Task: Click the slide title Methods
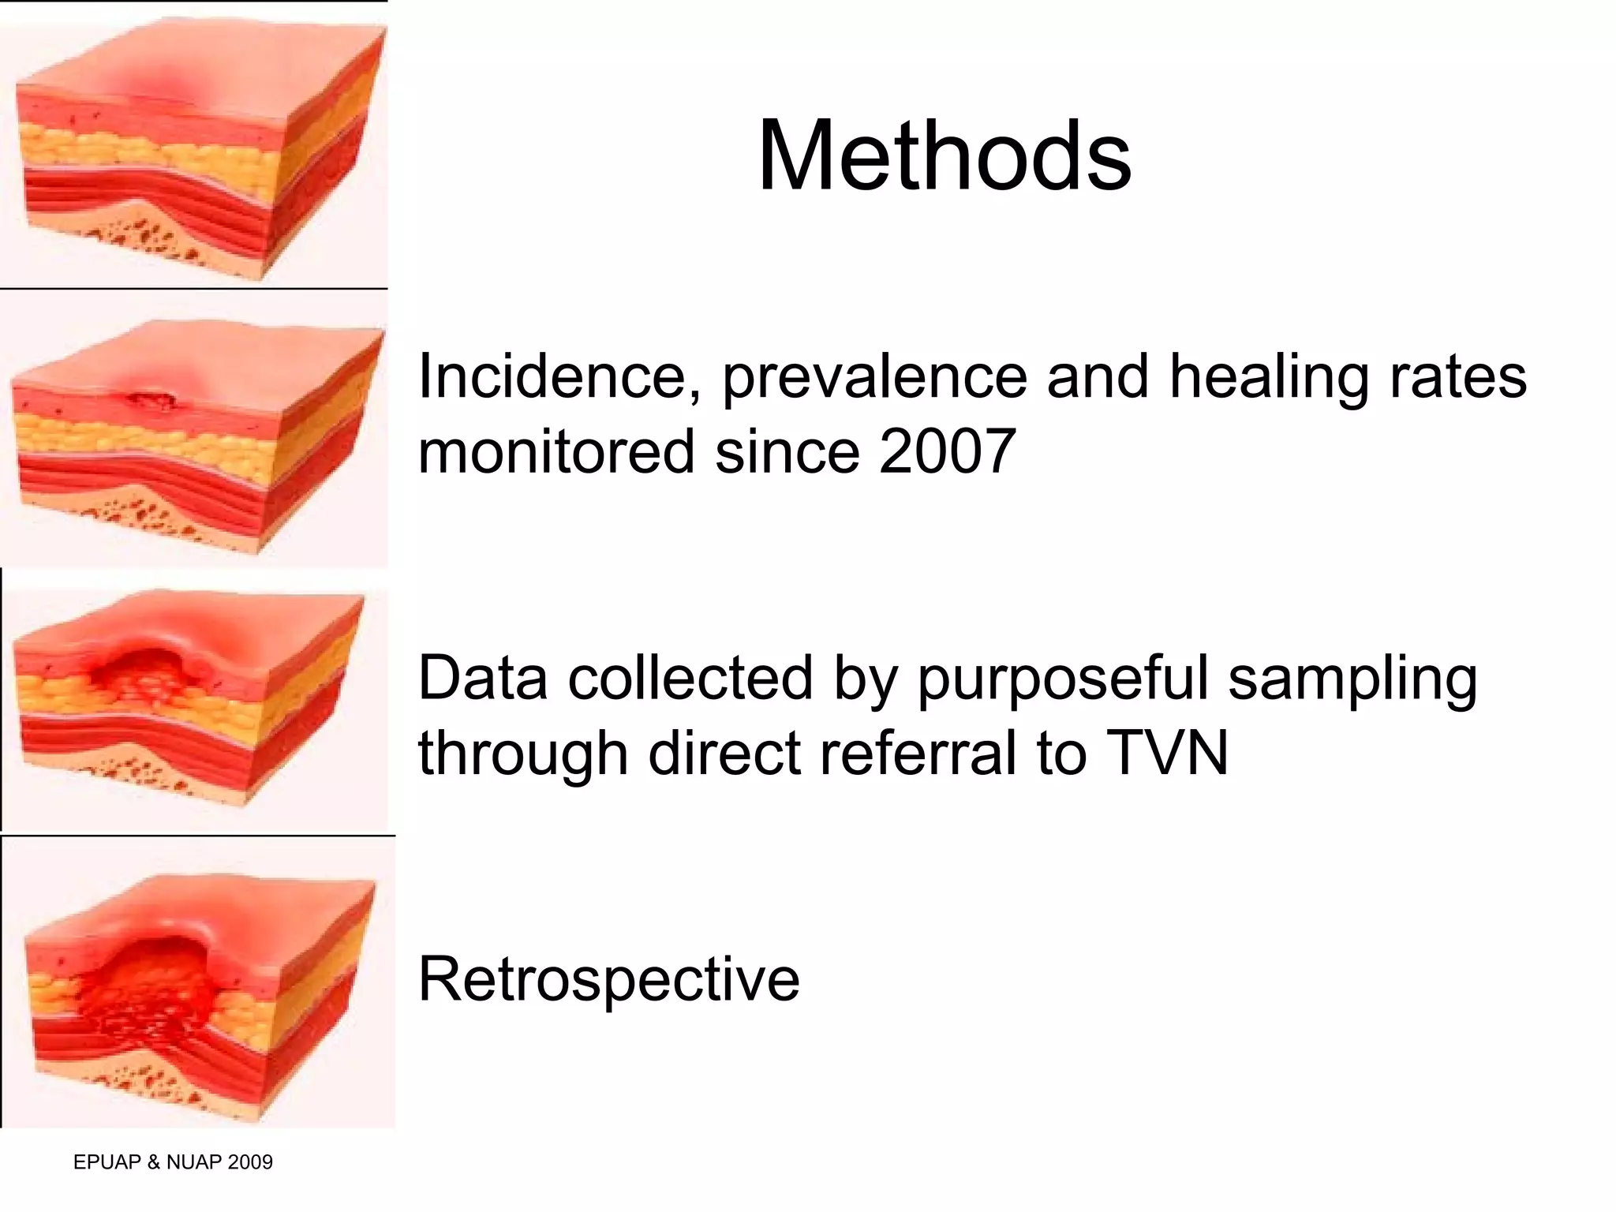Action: pos(944,155)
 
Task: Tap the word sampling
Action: pos(1352,679)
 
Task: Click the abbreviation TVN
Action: pos(1167,753)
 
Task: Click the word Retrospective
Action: pos(608,979)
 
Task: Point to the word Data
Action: pos(482,679)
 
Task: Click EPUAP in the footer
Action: pos(107,1162)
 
